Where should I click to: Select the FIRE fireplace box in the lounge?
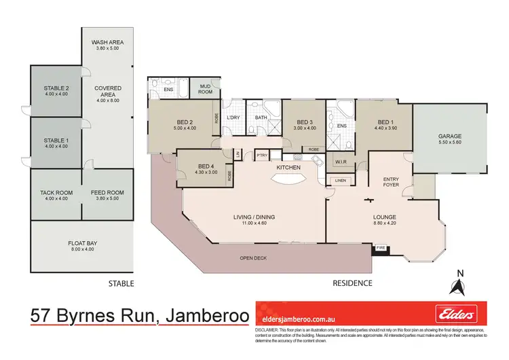pos(381,249)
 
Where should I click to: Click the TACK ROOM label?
pos(56,193)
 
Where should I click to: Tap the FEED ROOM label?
pos(107,193)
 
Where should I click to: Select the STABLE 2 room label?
pos(56,89)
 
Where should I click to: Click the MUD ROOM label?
pos(206,88)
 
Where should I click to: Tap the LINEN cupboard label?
pos(339,180)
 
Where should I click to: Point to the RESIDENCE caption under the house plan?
pos(352,283)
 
